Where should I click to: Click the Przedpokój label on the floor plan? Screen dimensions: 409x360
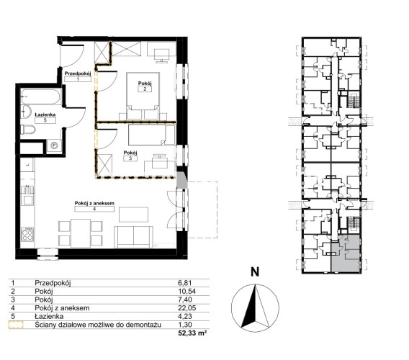pos(78,73)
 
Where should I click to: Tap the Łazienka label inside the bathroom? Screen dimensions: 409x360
pos(45,114)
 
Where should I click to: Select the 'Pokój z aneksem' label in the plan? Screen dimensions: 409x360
pos(94,203)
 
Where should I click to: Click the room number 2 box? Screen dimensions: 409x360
pos(145,89)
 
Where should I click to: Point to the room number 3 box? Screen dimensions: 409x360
pos(130,158)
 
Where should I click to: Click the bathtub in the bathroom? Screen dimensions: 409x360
pos(41,97)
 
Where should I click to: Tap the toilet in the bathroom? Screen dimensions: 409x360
pos(28,130)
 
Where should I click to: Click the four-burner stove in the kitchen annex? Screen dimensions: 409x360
pos(27,235)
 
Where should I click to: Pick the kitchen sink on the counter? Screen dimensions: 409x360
pos(27,195)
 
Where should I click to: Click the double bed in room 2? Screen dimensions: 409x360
pos(143,96)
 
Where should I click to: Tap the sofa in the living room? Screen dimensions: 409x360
pos(133,237)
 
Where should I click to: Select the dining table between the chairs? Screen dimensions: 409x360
pos(81,233)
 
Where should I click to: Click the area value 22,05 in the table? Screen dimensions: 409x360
pos(186,308)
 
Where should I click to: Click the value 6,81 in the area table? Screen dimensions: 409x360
pos(185,283)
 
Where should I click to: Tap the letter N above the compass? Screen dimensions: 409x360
pos(255,272)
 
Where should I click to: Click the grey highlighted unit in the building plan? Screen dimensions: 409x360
pos(346,253)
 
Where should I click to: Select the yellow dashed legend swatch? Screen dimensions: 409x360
pos(16,325)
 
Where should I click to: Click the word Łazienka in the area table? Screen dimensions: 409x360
pos(49,316)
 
